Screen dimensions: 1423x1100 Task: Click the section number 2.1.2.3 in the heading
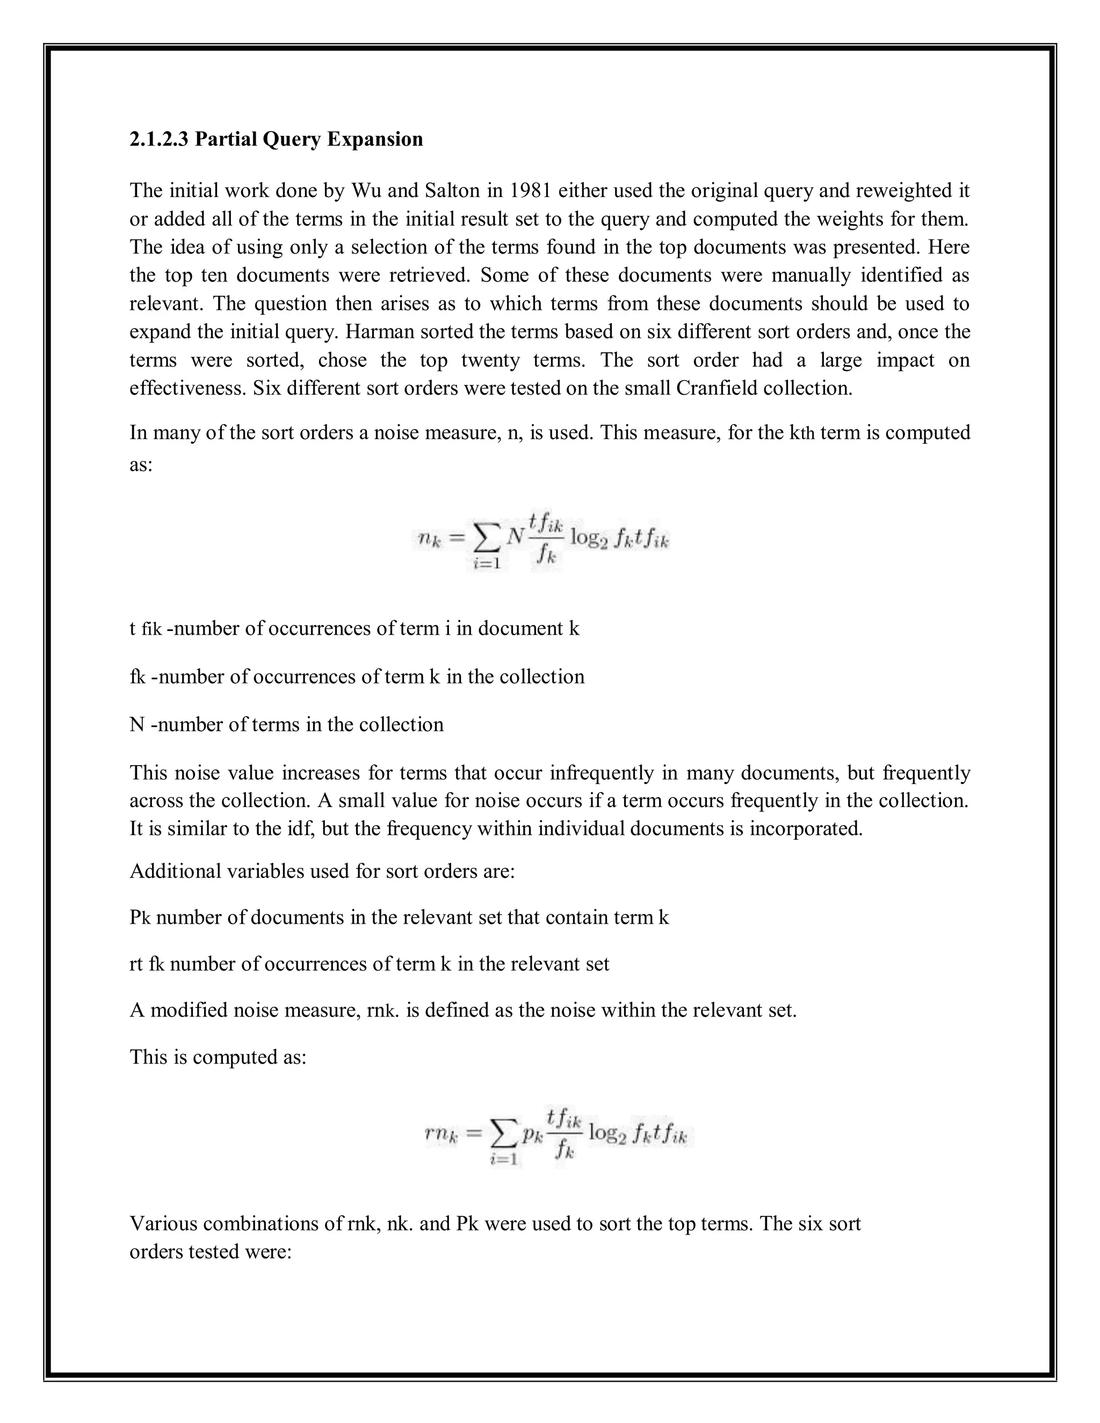pyautogui.click(x=158, y=140)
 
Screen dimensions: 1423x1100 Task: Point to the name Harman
pyautogui.click(x=379, y=332)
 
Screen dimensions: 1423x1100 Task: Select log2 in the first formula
pyautogui.click(x=589, y=538)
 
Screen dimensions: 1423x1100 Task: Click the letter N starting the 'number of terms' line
pyautogui.click(x=137, y=725)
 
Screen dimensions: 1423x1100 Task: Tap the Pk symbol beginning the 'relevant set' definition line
pyautogui.click(x=140, y=918)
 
